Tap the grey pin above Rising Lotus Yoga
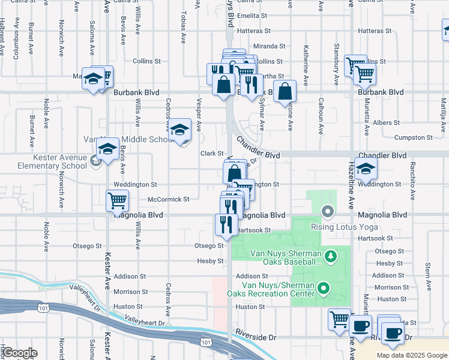(327, 211)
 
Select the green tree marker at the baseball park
(330, 257)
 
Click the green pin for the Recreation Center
(324, 289)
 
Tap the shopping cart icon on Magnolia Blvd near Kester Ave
(117, 201)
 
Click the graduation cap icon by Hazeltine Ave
(365, 170)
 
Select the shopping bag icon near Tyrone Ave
(286, 92)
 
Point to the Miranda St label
(269, 46)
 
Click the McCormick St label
(169, 199)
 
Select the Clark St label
(212, 154)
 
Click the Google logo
(20, 353)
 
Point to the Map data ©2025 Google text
(411, 355)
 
